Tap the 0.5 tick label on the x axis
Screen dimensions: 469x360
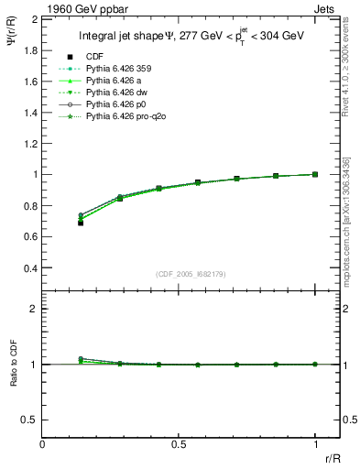point(179,443)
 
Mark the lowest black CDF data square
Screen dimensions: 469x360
point(81,223)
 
